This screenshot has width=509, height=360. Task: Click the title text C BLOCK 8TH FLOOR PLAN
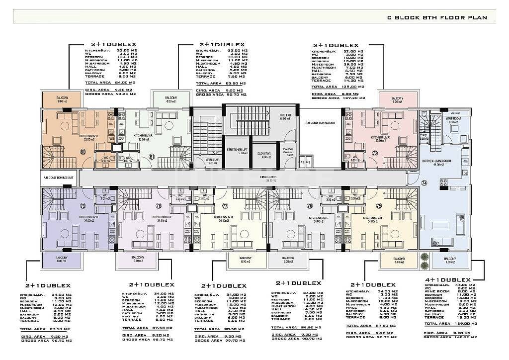click(441, 17)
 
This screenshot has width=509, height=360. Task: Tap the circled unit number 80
click(83, 152)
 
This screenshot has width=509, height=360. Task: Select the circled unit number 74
click(424, 182)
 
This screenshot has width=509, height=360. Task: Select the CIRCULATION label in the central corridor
click(270, 178)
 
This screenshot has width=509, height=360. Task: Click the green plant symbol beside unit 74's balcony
click(424, 257)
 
